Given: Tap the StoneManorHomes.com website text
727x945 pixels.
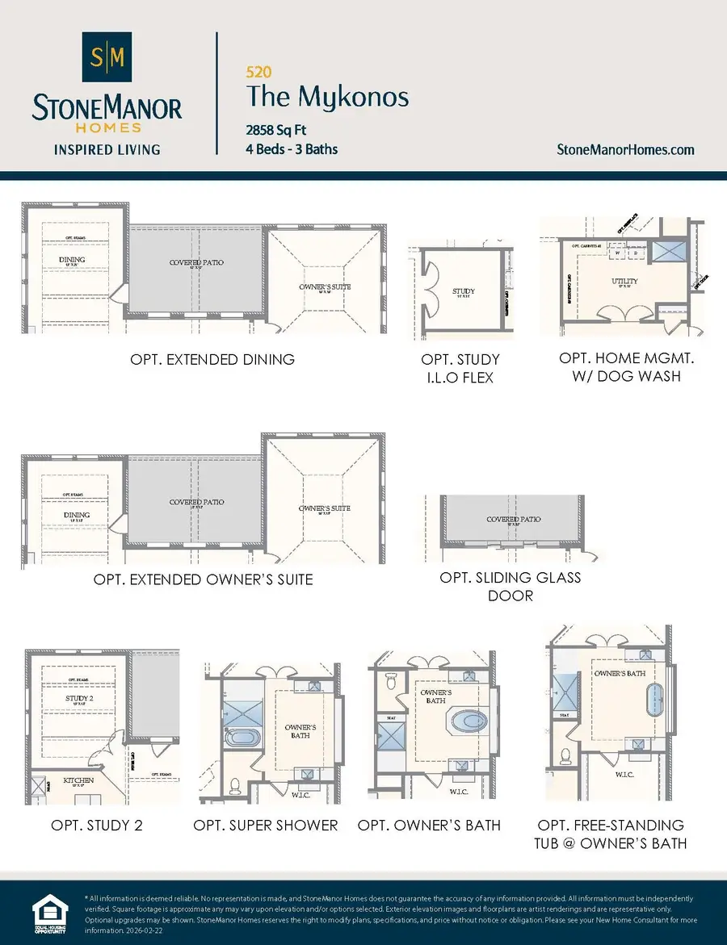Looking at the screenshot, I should [x=626, y=149].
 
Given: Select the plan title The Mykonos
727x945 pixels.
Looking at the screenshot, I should [x=327, y=98].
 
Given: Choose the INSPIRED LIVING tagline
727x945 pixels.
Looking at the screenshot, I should [x=107, y=149].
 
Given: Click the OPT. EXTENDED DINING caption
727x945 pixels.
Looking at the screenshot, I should [x=212, y=359].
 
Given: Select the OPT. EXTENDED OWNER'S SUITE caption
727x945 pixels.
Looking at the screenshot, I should [x=203, y=579].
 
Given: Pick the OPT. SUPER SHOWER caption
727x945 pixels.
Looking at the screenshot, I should [x=266, y=825].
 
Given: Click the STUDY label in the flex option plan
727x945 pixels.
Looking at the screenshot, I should [x=464, y=291].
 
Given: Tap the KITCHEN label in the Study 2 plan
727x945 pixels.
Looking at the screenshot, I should [x=78, y=780].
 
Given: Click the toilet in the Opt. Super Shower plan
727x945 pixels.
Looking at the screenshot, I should [x=235, y=784].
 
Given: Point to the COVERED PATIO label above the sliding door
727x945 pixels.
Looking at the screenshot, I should [x=514, y=520].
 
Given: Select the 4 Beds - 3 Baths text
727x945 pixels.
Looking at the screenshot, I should [x=292, y=149].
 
